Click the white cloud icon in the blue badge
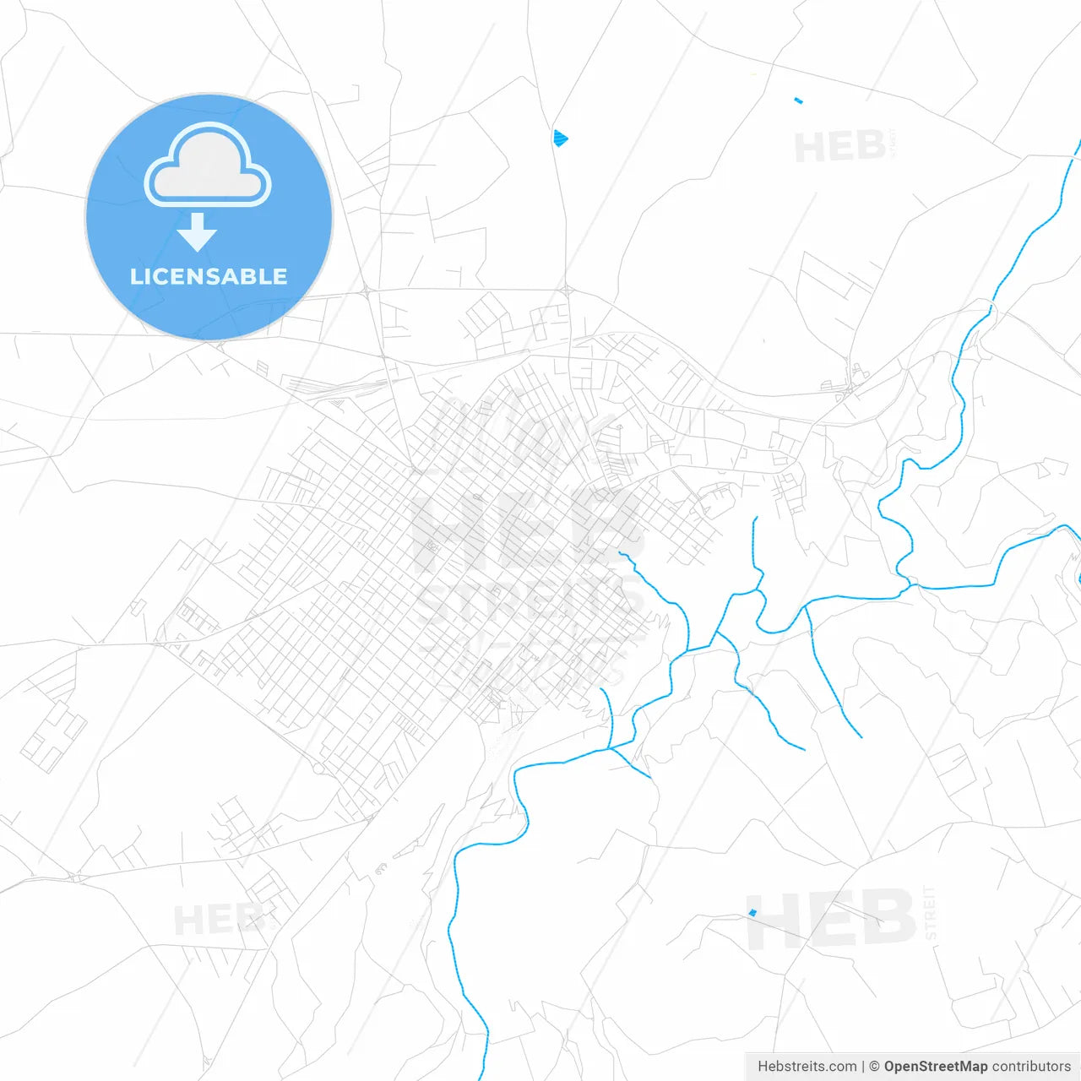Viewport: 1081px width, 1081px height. click(208, 166)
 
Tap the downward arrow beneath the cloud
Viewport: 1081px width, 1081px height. click(198, 232)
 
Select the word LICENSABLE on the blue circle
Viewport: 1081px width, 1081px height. click(209, 276)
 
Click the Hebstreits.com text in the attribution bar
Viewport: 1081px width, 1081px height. click(807, 1067)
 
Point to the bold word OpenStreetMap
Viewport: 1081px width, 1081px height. click(934, 1067)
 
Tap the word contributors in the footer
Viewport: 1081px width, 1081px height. click(1030, 1067)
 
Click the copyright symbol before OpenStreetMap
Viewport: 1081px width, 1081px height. click(874, 1067)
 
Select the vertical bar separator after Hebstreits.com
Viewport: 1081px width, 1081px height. click(862, 1067)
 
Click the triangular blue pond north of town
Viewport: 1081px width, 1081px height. click(560, 138)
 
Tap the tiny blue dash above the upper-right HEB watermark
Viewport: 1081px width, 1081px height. click(798, 101)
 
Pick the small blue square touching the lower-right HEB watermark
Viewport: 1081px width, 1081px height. click(752, 913)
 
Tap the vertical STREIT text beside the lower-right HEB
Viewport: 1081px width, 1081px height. click(930, 912)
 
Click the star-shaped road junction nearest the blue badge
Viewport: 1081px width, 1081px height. click(369, 291)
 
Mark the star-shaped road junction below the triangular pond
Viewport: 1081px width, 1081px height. click(568, 291)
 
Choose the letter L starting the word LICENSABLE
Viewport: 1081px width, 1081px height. click(136, 276)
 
